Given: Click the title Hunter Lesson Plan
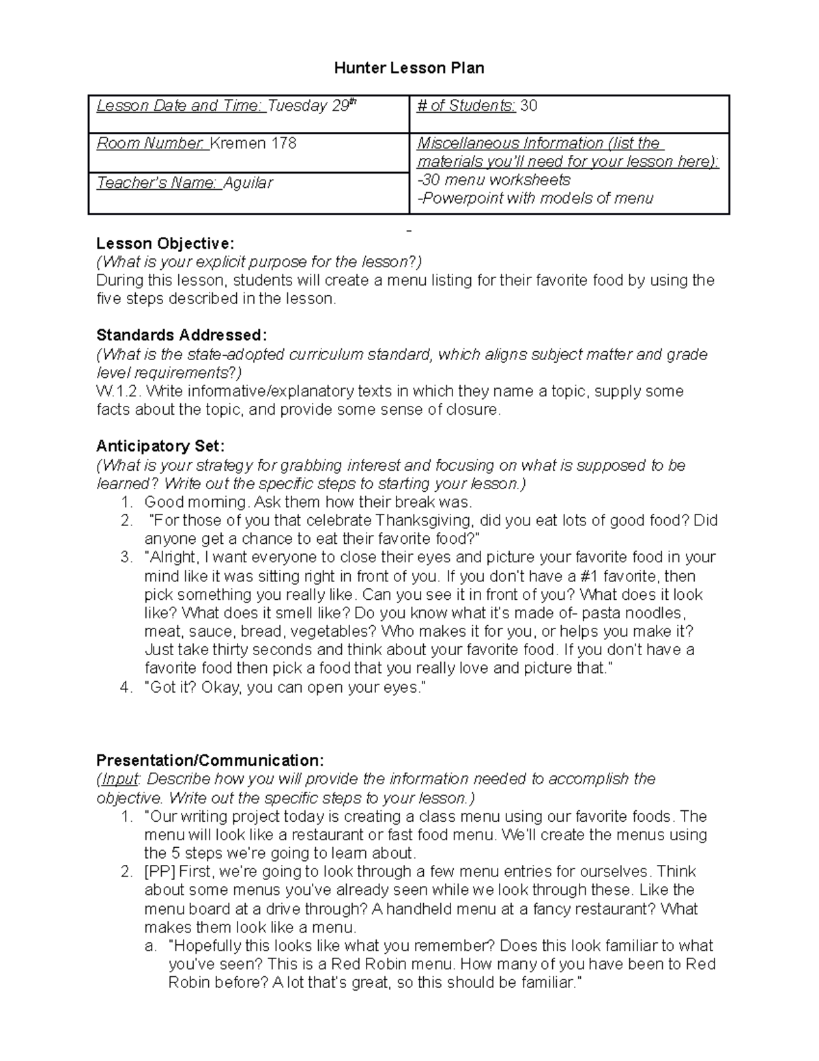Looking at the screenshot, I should coord(409,68).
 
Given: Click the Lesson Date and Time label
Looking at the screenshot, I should coord(180,106).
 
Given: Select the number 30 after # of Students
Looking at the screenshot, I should coord(529,106).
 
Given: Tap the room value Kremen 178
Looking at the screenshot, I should coord(253,143).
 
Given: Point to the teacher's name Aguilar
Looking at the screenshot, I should coord(248,183).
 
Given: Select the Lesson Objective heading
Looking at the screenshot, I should coord(165,243).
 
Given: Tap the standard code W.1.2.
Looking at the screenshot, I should coord(119,391).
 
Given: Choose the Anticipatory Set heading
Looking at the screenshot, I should coord(160,446).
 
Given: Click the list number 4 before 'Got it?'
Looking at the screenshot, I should coord(126,687).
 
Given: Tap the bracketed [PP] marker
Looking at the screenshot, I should coord(160,872).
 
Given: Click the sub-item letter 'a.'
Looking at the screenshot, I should coord(151,946).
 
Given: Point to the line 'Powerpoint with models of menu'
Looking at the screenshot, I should coord(537,199).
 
